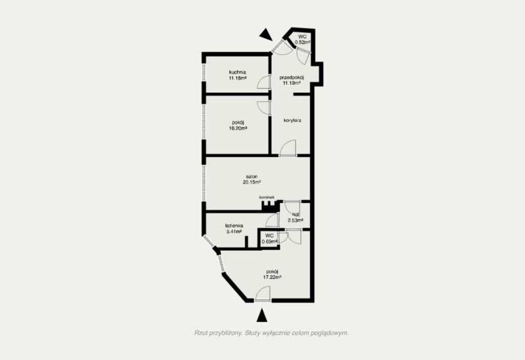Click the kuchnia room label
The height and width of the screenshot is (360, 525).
point(238,72)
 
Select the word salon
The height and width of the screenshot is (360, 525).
point(252,176)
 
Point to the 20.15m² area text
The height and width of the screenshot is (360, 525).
point(252,182)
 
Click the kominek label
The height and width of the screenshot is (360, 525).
point(267,197)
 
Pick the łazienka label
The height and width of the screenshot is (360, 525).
point(234,226)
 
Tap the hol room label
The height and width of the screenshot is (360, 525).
point(295,215)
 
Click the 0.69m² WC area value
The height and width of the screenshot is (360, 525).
point(269,242)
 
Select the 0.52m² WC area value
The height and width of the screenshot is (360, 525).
point(302,42)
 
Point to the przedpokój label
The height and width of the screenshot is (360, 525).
point(292,78)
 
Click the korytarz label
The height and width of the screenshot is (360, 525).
point(292,120)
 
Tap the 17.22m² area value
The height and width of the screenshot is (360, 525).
point(272,277)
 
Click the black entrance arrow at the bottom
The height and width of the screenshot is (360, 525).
point(262,315)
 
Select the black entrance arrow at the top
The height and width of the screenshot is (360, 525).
point(267,34)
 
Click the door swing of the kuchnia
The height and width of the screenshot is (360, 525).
point(264,82)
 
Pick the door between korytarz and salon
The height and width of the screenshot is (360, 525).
point(288,148)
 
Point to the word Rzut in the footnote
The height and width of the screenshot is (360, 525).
point(200,333)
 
